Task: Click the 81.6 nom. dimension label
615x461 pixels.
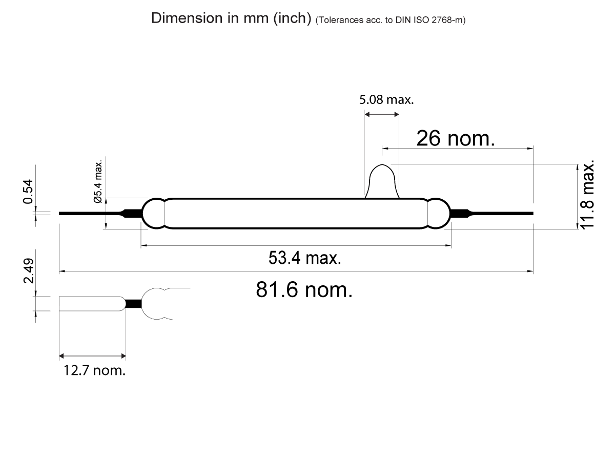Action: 304,290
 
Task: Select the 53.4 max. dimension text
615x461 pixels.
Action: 304,258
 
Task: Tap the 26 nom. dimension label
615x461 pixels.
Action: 455,138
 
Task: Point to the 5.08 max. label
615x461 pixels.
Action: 386,99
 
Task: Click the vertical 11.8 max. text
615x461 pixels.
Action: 588,194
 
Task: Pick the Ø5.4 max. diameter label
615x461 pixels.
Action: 98,181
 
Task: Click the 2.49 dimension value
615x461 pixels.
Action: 29,271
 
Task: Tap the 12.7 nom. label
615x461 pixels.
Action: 94,370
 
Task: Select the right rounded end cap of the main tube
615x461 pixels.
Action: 438,213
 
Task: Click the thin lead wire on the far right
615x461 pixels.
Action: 502,213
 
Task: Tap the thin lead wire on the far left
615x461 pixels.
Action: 87,213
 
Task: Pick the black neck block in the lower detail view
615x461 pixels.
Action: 133,303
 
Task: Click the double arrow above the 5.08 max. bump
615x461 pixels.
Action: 381,114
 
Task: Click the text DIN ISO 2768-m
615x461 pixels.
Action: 429,20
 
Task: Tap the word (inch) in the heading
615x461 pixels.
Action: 292,18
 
